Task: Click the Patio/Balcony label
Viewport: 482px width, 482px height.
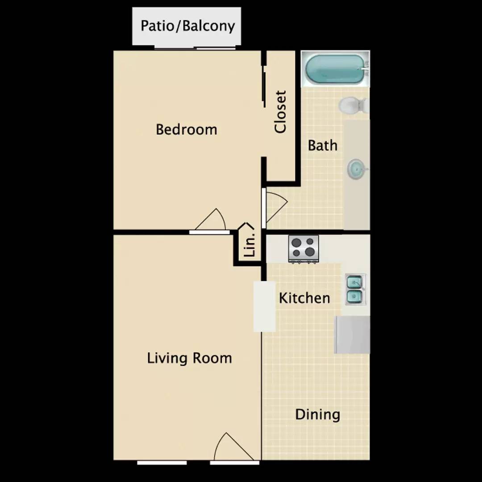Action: [x=187, y=26]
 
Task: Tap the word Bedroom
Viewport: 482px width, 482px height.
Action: [x=187, y=129]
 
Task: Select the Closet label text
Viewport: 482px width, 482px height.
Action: [x=280, y=112]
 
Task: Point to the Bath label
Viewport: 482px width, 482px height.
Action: [x=323, y=145]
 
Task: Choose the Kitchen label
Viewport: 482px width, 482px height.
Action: [x=304, y=298]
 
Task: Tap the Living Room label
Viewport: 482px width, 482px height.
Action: [x=189, y=358]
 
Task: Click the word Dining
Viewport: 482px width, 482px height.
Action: [x=317, y=415]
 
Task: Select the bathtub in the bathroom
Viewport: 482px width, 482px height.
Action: [x=335, y=69]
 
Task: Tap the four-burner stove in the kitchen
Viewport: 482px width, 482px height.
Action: [x=303, y=248]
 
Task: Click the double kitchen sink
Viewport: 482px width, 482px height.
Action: [x=355, y=289]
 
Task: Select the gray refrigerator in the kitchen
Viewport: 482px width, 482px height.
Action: [x=353, y=335]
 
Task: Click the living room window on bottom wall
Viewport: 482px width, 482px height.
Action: [x=162, y=462]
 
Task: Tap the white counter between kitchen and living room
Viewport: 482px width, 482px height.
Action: [x=264, y=306]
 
